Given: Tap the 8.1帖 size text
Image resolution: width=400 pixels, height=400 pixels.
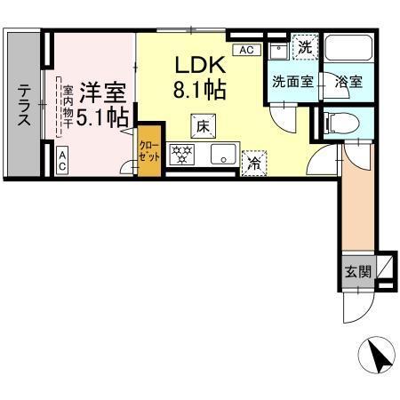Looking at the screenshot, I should pyautogui.click(x=200, y=90).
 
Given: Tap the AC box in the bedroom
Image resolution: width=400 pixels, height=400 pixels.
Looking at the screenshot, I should pyautogui.click(x=63, y=161).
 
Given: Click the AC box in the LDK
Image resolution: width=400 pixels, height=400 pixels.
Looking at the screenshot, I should pyautogui.click(x=246, y=50).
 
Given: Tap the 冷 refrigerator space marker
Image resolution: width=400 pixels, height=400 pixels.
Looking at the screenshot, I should pyautogui.click(x=253, y=162).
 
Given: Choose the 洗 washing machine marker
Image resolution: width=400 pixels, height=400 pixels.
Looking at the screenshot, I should pyautogui.click(x=305, y=47).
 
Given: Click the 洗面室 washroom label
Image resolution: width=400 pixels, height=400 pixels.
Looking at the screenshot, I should pyautogui.click(x=292, y=82).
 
